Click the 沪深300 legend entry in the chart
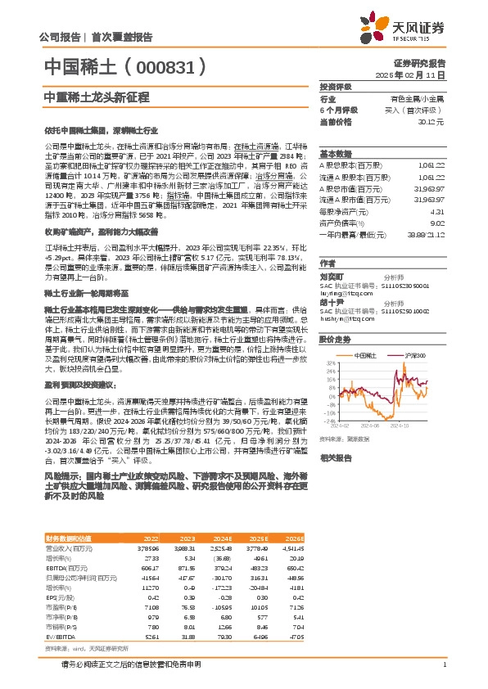click(413, 354)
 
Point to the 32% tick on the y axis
click(329, 361)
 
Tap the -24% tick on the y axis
click(328, 421)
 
